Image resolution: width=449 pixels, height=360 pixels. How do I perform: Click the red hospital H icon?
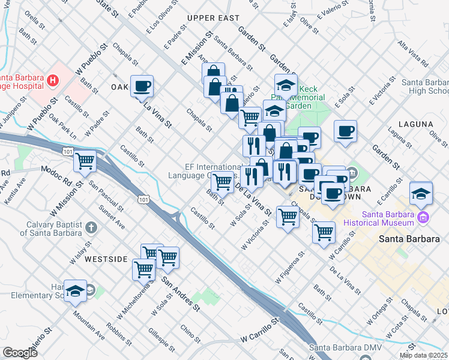53,79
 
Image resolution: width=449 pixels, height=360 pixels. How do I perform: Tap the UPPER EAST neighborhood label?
213,18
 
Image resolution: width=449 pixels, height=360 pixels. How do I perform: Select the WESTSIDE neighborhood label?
106,259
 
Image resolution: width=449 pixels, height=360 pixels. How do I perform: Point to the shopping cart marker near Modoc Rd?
85,161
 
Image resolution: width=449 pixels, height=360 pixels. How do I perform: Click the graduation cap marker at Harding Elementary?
75,291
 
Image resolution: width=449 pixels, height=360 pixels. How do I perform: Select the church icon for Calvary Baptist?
91,227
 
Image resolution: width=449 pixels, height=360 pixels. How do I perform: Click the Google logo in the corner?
20,353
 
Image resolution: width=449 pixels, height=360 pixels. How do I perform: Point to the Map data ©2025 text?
423,355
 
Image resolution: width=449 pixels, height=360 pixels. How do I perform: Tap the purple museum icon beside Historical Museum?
424,216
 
